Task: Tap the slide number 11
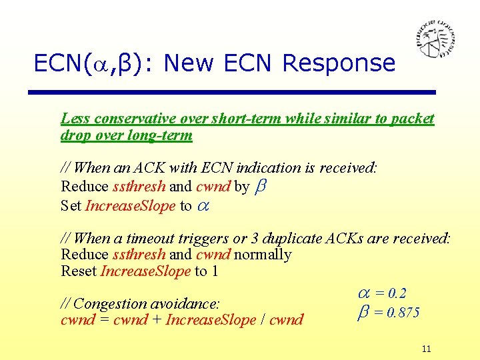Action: point(427,349)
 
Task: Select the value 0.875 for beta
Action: point(397,313)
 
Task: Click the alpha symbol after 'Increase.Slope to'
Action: point(202,206)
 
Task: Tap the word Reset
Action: point(79,271)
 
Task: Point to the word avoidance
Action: point(188,303)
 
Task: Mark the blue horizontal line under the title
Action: point(234,92)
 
